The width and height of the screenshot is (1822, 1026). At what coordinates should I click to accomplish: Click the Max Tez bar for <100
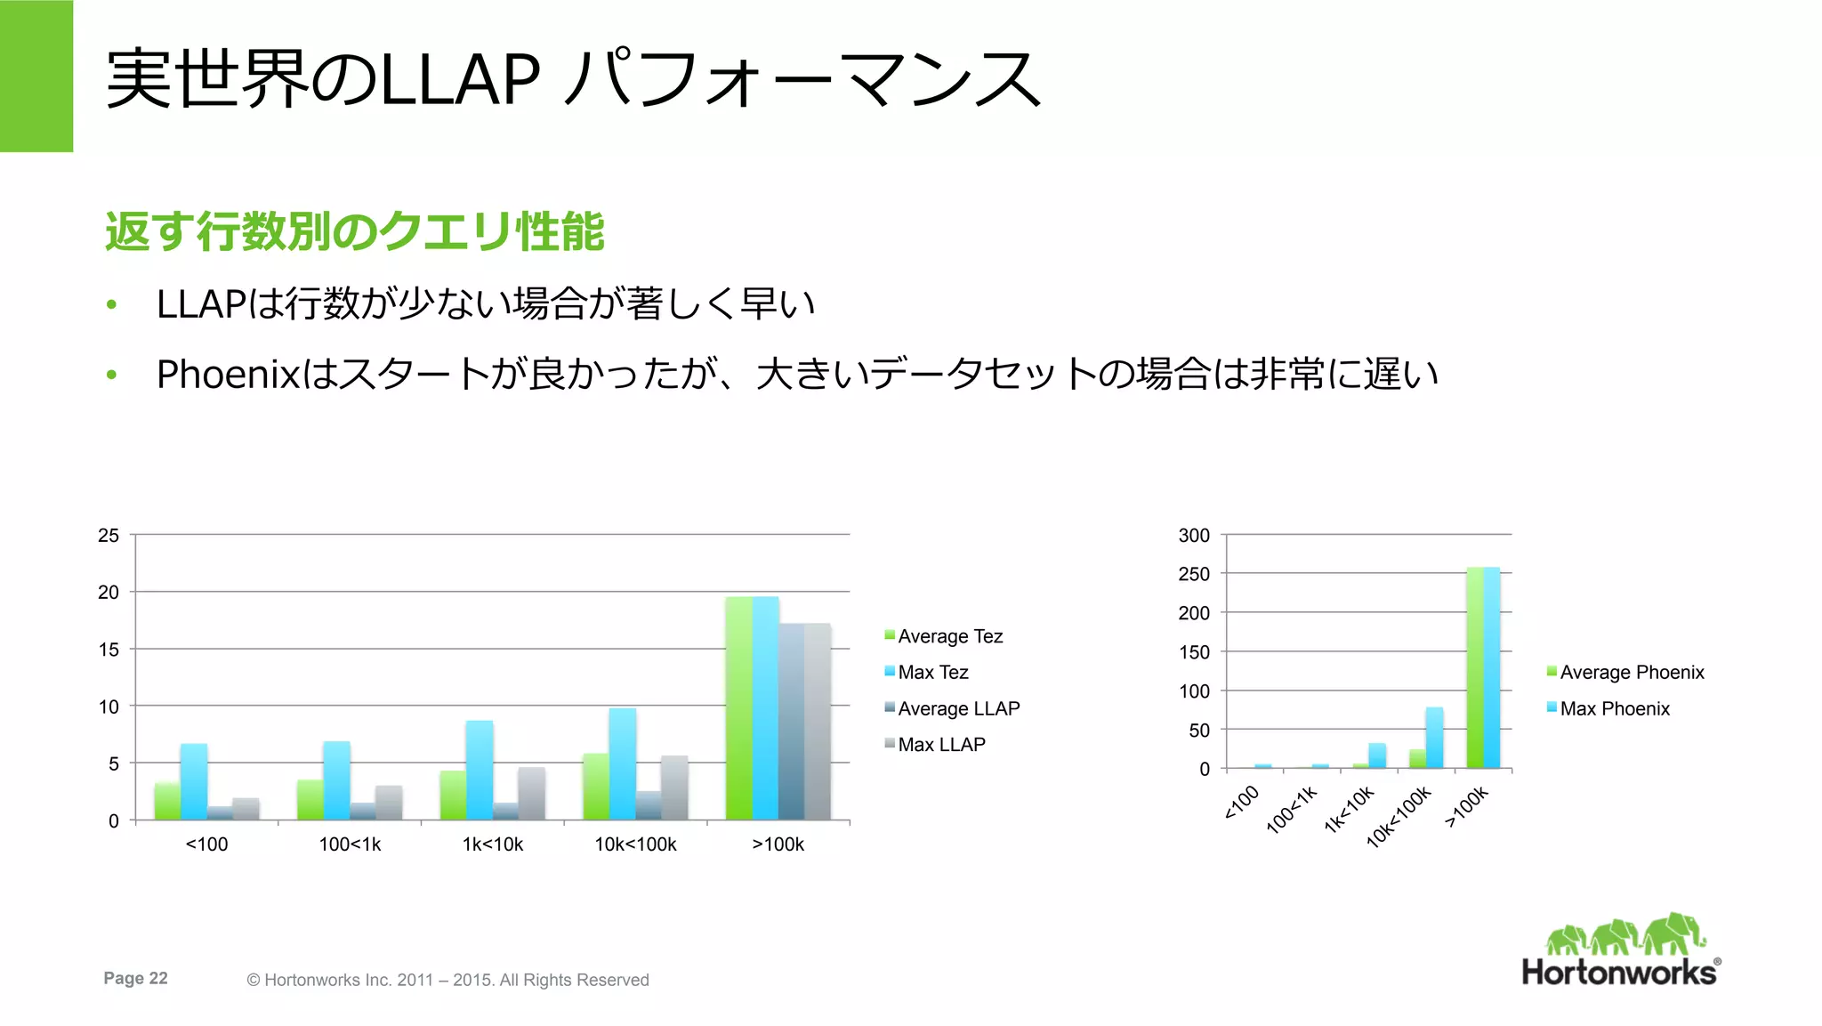point(194,781)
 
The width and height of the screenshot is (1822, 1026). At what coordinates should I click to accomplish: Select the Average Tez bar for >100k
point(738,708)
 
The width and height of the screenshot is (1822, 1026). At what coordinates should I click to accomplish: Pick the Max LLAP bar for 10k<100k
point(674,788)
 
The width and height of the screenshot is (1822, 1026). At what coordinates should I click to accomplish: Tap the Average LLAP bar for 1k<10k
point(505,811)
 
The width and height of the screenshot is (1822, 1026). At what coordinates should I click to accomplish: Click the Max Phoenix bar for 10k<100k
point(1434,738)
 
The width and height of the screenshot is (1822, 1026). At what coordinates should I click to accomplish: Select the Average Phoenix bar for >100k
point(1475,667)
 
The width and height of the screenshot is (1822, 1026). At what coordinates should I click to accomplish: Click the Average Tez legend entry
point(949,636)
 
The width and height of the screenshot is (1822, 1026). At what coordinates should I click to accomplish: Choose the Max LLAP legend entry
point(941,744)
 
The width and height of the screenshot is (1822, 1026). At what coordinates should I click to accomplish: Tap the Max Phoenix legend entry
point(1614,708)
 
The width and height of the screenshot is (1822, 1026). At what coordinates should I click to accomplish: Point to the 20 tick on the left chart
point(109,593)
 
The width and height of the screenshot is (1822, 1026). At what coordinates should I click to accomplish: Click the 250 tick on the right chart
point(1194,574)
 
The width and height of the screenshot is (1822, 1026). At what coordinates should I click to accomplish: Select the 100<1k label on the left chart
point(350,844)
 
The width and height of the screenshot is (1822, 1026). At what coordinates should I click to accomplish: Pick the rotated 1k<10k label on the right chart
point(1349,809)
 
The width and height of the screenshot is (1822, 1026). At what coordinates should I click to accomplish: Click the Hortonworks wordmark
point(1619,972)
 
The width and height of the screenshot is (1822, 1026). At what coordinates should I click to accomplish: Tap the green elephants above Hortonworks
point(1624,935)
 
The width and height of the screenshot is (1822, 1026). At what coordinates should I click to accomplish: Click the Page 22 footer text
point(135,978)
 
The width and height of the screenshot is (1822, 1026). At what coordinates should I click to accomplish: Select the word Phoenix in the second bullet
point(229,375)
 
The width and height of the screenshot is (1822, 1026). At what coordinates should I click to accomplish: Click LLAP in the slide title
point(459,80)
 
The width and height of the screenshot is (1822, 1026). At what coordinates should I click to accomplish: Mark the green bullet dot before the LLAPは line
point(111,305)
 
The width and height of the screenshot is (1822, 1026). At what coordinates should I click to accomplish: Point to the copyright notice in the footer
point(447,980)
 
